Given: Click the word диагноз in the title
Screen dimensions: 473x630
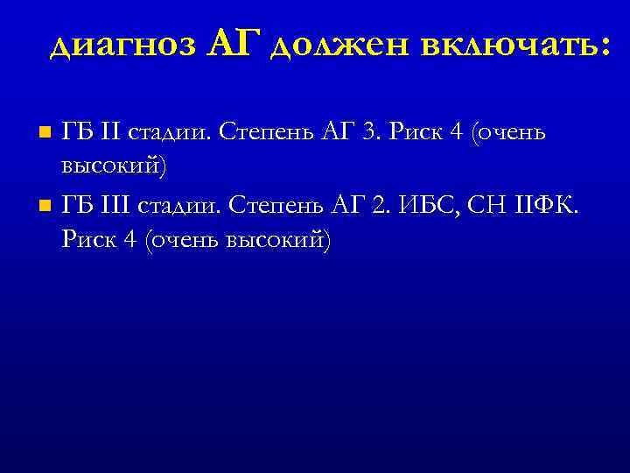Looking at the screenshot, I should tap(123, 46).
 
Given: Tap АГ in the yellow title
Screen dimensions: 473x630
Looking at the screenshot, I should tap(236, 44).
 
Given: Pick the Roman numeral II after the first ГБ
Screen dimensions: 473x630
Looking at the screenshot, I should tap(112, 132).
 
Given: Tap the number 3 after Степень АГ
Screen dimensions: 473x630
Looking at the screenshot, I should tap(370, 132).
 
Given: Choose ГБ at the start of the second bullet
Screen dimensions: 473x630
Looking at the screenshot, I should tap(76, 206).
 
